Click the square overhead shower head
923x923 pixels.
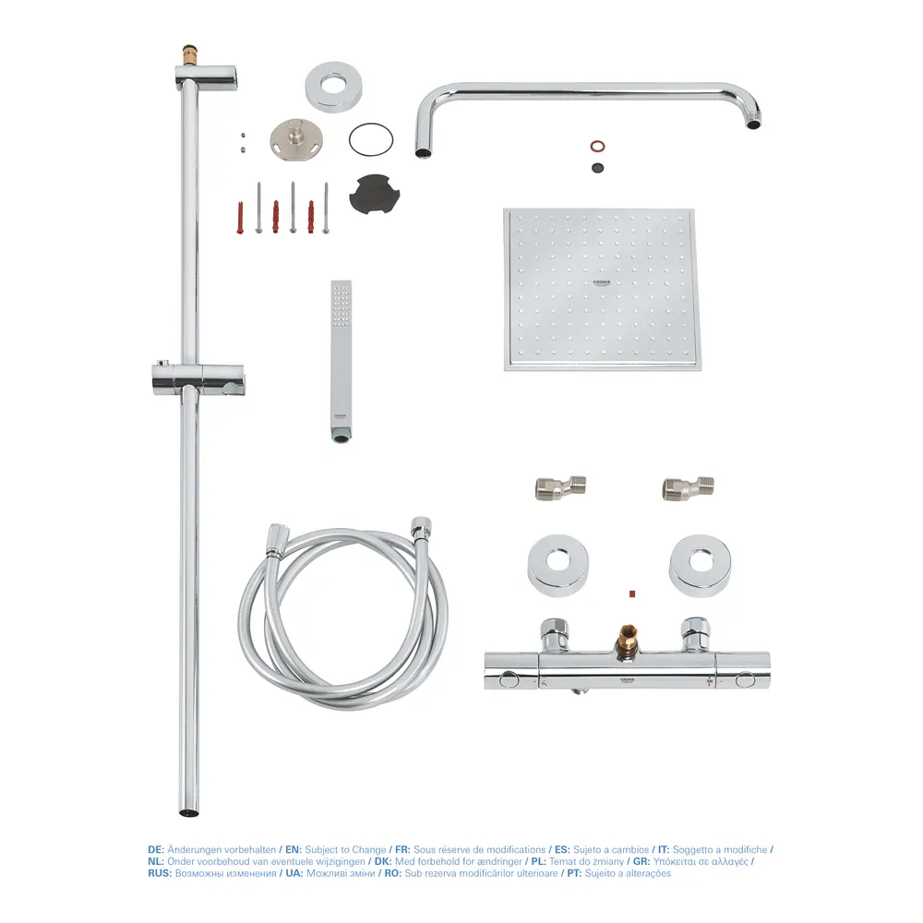tap(602, 290)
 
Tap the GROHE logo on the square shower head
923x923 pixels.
tap(602, 283)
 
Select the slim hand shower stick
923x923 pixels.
tap(342, 361)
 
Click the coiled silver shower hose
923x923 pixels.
tap(342, 615)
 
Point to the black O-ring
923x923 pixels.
tap(371, 140)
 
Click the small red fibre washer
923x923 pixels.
tap(597, 146)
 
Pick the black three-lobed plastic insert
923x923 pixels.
tap(375, 193)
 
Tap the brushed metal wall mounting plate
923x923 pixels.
tap(297, 138)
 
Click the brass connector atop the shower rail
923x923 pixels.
tap(190, 55)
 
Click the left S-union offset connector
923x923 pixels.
tap(560, 487)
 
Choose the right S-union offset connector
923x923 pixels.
tap(689, 487)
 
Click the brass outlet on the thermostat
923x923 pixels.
tap(627, 640)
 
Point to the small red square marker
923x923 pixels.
tap(632, 593)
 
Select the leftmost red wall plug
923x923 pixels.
tap(240, 218)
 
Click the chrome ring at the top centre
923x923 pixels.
tap(332, 87)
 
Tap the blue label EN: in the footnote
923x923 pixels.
tap(294, 849)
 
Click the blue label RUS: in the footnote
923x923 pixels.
tap(160, 873)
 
